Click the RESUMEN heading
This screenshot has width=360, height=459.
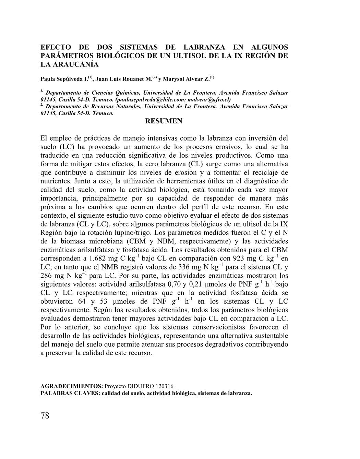click(x=164, y=121)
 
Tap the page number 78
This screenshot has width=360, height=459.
click(x=45, y=416)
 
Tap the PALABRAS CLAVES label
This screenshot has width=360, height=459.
click(x=70, y=393)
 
